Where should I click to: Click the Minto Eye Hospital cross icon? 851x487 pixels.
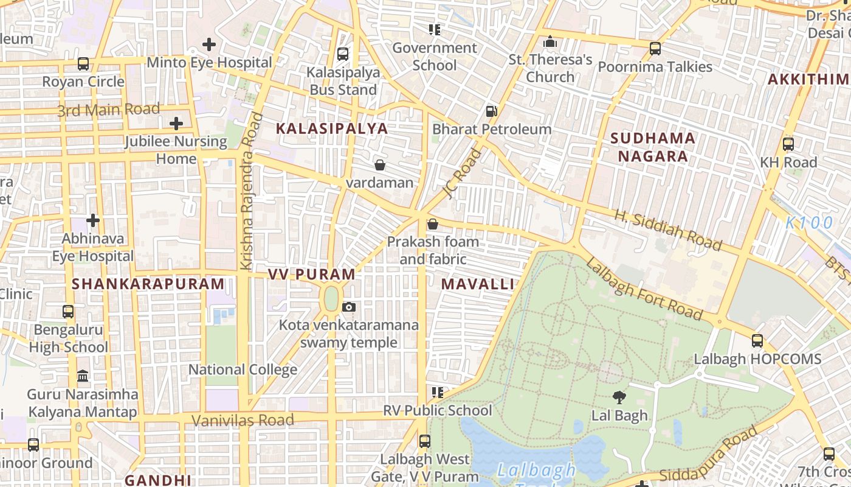click(x=209, y=44)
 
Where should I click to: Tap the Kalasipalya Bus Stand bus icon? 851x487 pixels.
click(x=343, y=54)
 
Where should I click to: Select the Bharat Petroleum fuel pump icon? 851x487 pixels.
click(x=491, y=111)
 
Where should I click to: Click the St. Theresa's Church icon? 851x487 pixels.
click(x=550, y=42)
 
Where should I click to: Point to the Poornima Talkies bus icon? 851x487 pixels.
click(x=655, y=49)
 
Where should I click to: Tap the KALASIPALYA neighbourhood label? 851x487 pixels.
click(x=332, y=128)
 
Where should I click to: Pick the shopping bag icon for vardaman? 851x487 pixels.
click(x=380, y=165)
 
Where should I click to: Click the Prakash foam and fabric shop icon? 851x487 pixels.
click(x=433, y=224)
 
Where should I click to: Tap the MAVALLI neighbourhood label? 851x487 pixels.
click(x=478, y=284)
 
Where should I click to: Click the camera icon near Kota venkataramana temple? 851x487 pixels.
click(x=349, y=307)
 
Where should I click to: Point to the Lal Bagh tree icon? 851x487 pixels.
click(x=619, y=398)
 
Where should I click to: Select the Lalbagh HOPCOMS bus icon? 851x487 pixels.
click(x=757, y=341)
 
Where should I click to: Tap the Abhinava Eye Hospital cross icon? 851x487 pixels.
click(x=93, y=220)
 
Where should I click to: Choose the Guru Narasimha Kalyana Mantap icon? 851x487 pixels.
click(x=83, y=376)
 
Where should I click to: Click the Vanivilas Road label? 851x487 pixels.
click(x=243, y=420)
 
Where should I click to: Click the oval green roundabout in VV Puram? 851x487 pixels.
click(x=331, y=298)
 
